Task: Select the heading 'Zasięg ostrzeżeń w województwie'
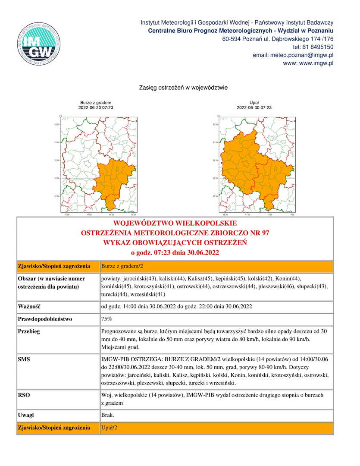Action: tap(183, 88)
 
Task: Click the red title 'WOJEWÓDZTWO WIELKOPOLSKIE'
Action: tap(175, 224)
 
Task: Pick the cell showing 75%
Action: tap(106, 319)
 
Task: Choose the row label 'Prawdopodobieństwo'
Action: tap(45, 319)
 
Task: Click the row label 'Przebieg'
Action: tap(29, 332)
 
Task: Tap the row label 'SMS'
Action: tap(24, 359)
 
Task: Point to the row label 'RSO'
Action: tap(24, 395)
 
